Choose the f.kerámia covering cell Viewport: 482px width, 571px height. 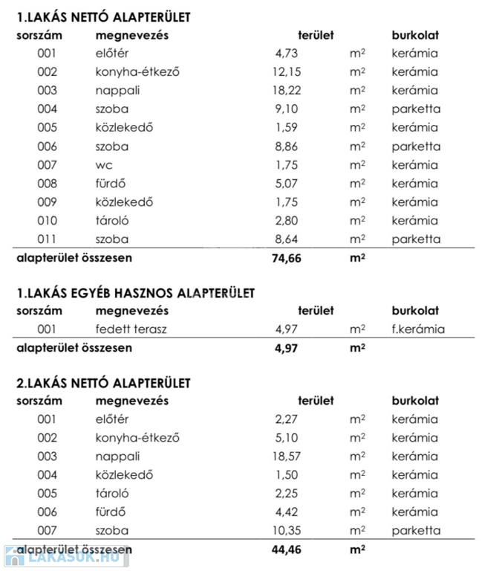(x=419, y=329)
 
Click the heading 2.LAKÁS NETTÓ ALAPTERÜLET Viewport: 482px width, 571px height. (x=103, y=383)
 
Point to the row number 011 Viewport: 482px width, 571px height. (x=47, y=239)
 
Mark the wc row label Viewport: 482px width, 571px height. (x=104, y=165)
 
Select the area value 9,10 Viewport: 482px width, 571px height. (x=289, y=109)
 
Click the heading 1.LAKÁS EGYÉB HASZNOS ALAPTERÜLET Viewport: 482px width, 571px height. (x=135, y=293)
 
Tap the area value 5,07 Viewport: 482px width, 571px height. (x=289, y=184)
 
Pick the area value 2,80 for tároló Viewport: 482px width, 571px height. (x=289, y=221)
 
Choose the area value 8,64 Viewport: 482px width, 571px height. (x=289, y=239)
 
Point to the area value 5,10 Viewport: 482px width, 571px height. (x=289, y=438)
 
